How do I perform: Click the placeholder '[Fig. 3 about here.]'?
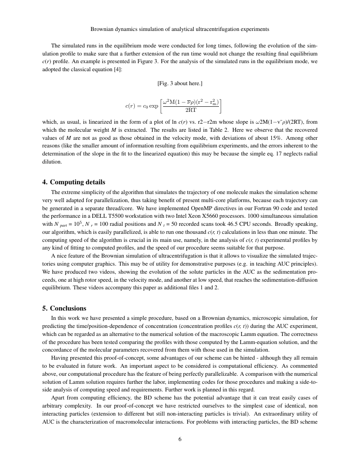pyautogui.click(x=180, y=83)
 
